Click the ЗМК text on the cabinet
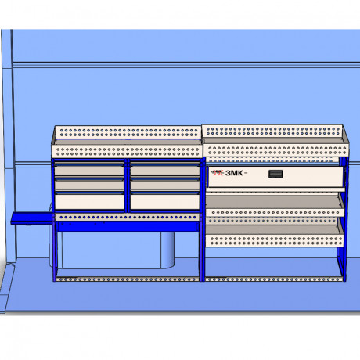coord(234,173)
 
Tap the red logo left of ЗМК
coord(218,173)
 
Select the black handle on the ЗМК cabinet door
coord(275,174)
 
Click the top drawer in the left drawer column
coord(89,169)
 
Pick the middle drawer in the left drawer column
coord(89,184)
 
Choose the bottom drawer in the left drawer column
coord(89,201)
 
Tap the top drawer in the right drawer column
coord(165,169)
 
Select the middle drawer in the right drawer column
coord(165,184)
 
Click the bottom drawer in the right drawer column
coord(165,201)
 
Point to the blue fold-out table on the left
coord(31,218)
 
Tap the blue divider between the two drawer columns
coord(127,185)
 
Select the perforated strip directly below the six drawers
coord(127,217)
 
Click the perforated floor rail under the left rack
coord(128,279)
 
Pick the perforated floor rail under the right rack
coord(274,279)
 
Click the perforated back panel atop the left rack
coord(128,132)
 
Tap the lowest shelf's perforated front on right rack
coord(275,241)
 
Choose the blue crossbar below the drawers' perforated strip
coord(127,227)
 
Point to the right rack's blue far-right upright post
coord(344,219)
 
